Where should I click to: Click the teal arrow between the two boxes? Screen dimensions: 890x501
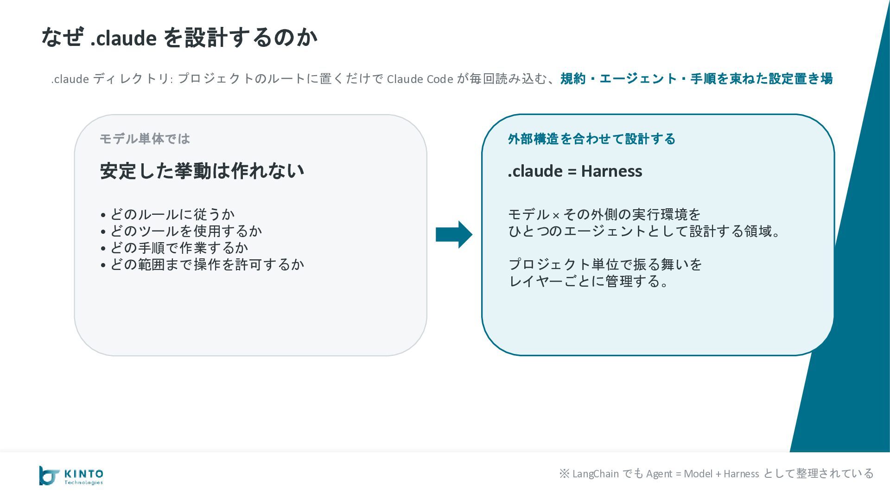(x=454, y=234)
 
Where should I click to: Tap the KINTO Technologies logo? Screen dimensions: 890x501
(x=71, y=475)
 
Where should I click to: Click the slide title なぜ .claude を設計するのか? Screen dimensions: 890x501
(x=179, y=38)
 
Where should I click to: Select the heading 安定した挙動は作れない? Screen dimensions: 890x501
(x=202, y=171)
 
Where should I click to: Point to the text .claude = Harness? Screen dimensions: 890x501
(x=575, y=171)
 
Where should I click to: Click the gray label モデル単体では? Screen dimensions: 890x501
(x=145, y=139)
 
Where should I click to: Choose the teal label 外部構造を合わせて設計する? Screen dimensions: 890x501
(x=591, y=139)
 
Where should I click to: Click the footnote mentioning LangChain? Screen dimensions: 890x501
(x=716, y=474)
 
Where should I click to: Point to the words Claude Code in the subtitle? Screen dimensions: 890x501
(x=420, y=79)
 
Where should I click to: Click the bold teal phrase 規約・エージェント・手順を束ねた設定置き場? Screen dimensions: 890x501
(x=696, y=79)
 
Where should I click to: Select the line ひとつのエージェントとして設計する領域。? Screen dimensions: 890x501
(x=645, y=231)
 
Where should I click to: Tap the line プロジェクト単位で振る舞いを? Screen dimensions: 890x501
(x=605, y=264)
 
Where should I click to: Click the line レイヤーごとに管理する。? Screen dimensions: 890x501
(x=589, y=281)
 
